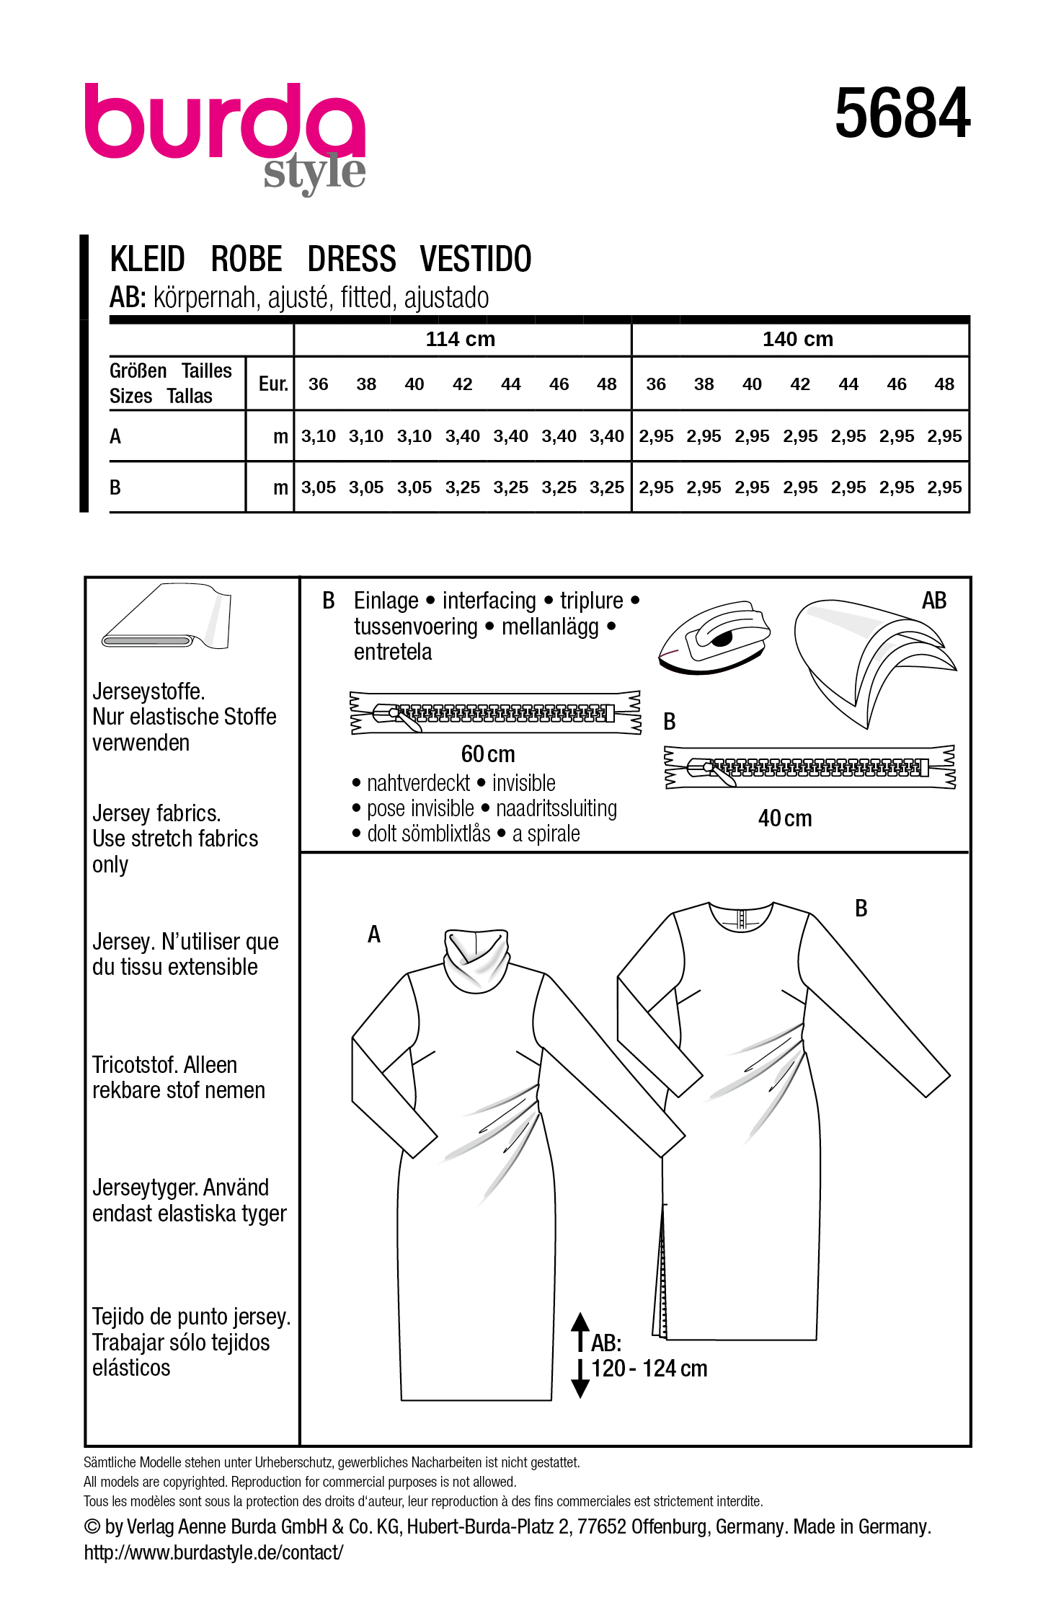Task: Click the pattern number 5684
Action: (902, 113)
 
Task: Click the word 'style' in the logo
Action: (314, 173)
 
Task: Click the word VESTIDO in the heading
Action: (476, 259)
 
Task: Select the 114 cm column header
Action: (460, 339)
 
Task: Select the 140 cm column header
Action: (797, 339)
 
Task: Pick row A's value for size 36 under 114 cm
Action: (318, 436)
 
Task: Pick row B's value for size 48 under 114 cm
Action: (606, 487)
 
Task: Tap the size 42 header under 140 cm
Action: (800, 384)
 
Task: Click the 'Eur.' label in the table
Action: (273, 384)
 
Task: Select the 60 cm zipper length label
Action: (488, 754)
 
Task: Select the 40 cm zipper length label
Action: (784, 818)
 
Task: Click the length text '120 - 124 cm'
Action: (649, 1369)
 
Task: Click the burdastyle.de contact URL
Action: (213, 1552)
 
